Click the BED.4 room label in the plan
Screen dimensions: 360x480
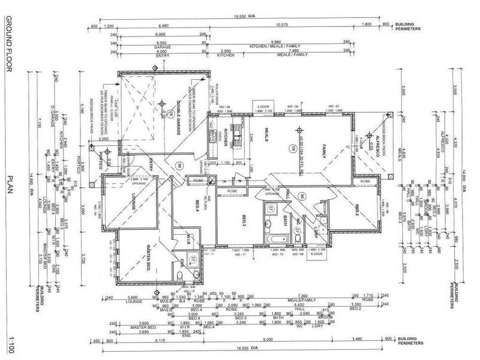(x=196, y=208)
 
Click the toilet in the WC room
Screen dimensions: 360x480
(x=298, y=238)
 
